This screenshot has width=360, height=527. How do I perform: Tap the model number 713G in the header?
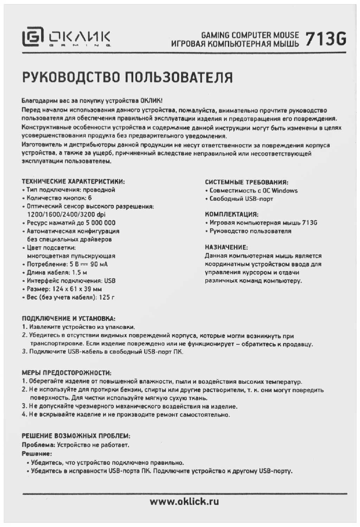click(326, 39)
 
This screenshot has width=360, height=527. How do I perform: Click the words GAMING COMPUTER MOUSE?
click(250, 35)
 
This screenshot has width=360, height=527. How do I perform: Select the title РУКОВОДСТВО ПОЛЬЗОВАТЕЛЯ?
click(127, 77)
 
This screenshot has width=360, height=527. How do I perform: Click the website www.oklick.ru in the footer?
click(184, 501)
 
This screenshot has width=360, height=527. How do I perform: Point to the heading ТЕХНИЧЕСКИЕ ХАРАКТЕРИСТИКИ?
click(73, 182)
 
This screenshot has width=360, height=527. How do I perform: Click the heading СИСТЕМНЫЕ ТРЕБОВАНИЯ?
click(246, 182)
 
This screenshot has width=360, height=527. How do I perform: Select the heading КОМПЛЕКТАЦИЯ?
click(231, 214)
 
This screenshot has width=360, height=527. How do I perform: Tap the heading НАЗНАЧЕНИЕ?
click(226, 247)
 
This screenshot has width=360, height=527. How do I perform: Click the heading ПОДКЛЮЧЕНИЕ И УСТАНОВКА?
click(69, 319)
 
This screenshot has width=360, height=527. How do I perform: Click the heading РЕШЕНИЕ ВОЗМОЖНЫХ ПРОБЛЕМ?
click(76, 436)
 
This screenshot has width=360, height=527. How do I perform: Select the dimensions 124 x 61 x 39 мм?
click(77, 289)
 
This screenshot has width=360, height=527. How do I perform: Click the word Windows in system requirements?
click(284, 191)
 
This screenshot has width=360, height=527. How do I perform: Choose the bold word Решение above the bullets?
click(37, 454)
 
